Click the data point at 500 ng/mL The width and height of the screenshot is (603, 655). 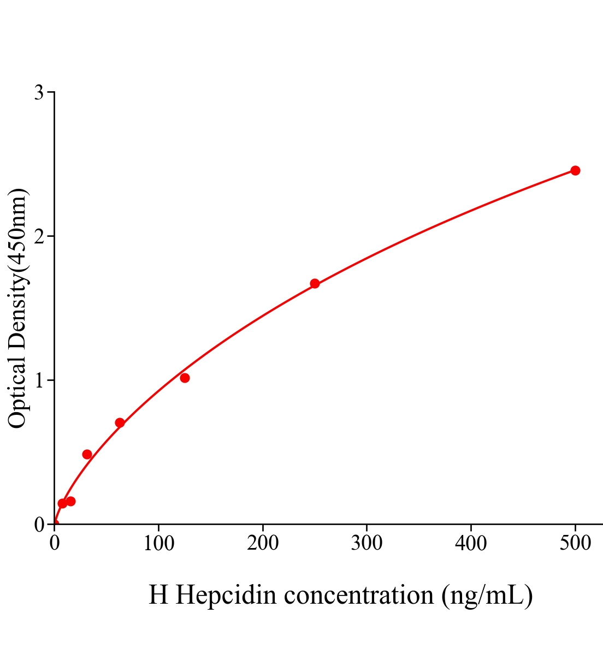pos(575,170)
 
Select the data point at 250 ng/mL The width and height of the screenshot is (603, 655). pos(315,283)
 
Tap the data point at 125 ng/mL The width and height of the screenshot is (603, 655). pos(185,378)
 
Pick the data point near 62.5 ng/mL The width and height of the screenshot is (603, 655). pos(120,422)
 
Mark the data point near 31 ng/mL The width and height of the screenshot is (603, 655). pos(87,454)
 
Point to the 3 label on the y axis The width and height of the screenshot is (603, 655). pos(39,93)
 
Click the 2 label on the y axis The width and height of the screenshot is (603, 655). pos(39,236)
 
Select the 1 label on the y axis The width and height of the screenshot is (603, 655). pos(39,380)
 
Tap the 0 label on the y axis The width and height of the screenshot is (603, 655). pos(39,525)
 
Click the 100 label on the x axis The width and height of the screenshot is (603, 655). pos(158,543)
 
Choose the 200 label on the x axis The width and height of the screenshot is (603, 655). pos(263,543)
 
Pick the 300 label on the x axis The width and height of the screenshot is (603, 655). pos(366,543)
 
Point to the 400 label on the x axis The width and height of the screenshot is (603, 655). pos(471,543)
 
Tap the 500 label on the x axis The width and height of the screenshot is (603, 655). pos(575,543)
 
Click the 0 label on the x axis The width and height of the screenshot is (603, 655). pos(55,543)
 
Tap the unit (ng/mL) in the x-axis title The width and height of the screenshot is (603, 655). pos(487,595)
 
